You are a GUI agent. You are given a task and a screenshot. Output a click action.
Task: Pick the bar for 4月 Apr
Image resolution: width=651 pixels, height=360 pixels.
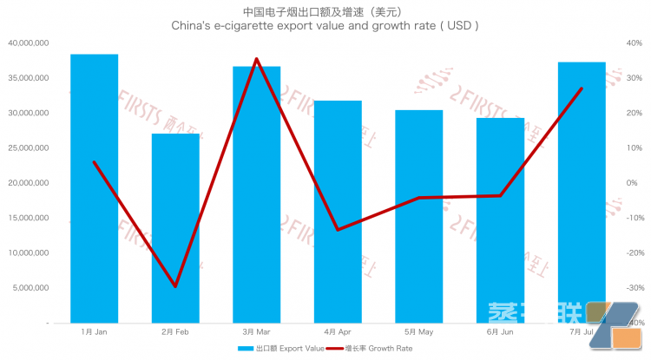click(338, 212)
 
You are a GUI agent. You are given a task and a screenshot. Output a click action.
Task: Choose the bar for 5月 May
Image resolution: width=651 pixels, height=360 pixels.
click(418, 216)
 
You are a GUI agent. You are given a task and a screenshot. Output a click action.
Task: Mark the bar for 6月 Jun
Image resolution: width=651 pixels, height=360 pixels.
click(500, 220)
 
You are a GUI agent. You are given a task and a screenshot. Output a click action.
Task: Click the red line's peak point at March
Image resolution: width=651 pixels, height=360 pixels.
click(256, 59)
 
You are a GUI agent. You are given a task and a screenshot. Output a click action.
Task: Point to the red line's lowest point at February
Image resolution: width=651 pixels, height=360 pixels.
click(174, 286)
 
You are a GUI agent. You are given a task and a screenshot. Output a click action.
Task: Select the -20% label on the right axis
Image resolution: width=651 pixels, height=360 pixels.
click(634, 253)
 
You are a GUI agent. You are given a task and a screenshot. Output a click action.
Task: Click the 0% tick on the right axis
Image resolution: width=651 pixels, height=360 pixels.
click(632, 183)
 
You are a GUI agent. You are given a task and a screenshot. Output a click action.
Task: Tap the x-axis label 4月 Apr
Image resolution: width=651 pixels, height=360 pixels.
click(338, 332)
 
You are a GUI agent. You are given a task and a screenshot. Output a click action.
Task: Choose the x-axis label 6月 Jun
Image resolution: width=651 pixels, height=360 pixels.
click(500, 332)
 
